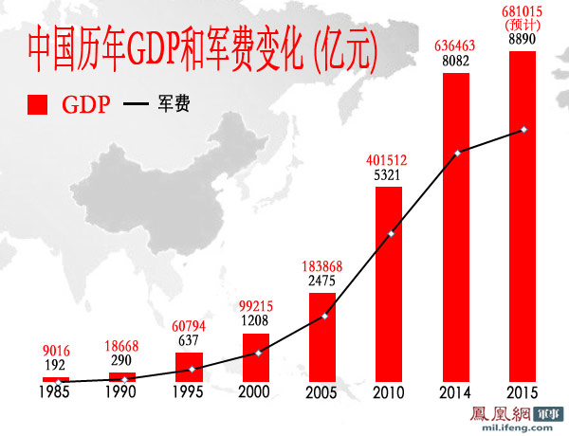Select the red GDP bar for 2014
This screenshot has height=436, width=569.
tap(456, 227)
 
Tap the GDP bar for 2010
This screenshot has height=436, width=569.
tap(389, 284)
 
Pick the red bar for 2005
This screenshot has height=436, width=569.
tap(322, 337)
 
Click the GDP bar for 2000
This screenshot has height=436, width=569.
tap(256, 357)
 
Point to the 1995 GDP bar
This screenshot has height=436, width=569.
tap(190, 367)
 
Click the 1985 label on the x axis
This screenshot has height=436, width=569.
tap(56, 392)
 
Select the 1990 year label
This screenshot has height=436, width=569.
tap(122, 392)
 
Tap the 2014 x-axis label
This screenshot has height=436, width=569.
tap(456, 392)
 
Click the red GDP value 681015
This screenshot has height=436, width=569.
tap(523, 12)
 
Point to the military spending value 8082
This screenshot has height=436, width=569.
tap(456, 60)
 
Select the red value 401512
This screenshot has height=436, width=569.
tap(389, 160)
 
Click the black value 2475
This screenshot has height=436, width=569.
tap(322, 282)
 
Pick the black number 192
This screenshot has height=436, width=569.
tap(56, 365)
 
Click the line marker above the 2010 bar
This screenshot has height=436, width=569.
tap(391, 233)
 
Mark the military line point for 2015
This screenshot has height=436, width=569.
tap(523, 129)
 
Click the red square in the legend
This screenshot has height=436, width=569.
tap(38, 104)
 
